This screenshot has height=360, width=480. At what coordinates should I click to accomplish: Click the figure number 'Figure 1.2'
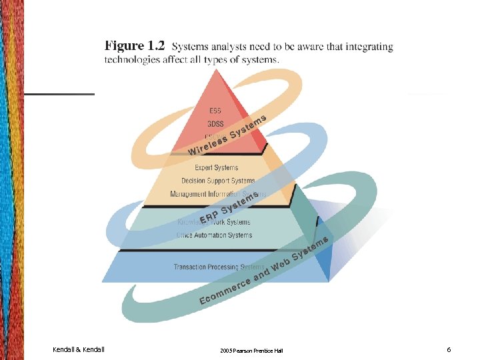tap(134, 46)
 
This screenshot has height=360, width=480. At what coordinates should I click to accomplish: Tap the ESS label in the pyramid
tap(215, 110)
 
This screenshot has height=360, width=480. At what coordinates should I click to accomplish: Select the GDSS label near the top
tap(215, 123)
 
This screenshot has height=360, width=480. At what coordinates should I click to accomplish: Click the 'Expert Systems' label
tap(216, 167)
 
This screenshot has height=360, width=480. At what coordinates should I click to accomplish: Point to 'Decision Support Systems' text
tap(218, 181)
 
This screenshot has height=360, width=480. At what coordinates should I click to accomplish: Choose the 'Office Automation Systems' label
tap(214, 235)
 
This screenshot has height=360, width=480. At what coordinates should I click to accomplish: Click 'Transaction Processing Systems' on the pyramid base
tap(218, 267)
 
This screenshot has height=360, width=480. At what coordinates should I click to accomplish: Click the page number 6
tap(449, 349)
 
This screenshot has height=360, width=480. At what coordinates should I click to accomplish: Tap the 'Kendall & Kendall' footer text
tap(79, 349)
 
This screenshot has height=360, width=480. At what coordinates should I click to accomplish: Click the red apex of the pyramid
tap(218, 83)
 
